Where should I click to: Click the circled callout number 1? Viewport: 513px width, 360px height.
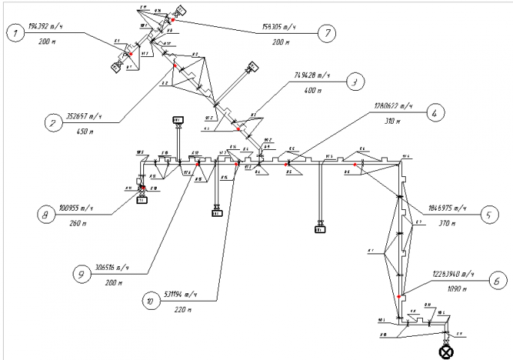pyautogui.click(x=13, y=32)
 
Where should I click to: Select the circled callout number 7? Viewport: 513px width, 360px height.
pyautogui.click(x=327, y=34)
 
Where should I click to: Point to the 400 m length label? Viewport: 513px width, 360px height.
pyautogui.click(x=310, y=89)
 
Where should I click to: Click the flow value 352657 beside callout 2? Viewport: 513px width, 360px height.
pyautogui.click(x=84, y=116)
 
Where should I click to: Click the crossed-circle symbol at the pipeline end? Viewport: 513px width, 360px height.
pyautogui.click(x=447, y=350)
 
